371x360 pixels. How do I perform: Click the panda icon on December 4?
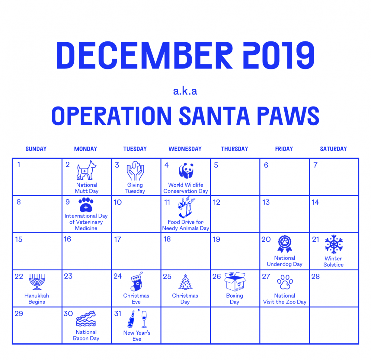point(186,170)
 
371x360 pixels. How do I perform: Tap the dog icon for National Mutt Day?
point(86,170)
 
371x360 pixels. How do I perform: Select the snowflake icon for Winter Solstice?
point(334,244)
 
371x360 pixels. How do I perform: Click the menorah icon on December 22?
point(37,282)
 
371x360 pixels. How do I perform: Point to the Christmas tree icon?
point(185,282)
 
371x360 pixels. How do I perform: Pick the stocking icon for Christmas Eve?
point(136,282)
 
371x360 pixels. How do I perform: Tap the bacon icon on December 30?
point(86,319)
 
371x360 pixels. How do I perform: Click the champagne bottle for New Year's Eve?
point(131,319)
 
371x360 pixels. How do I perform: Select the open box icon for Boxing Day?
point(235,281)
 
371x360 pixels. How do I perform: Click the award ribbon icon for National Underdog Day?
point(285,244)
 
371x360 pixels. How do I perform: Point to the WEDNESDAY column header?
point(185,149)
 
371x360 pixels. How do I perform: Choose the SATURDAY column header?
point(333,149)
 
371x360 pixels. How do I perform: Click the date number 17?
point(117,239)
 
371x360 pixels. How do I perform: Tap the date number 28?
point(316,276)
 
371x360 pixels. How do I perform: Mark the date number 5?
point(216,165)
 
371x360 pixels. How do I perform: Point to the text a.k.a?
point(185,91)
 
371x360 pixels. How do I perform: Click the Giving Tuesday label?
point(135,188)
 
